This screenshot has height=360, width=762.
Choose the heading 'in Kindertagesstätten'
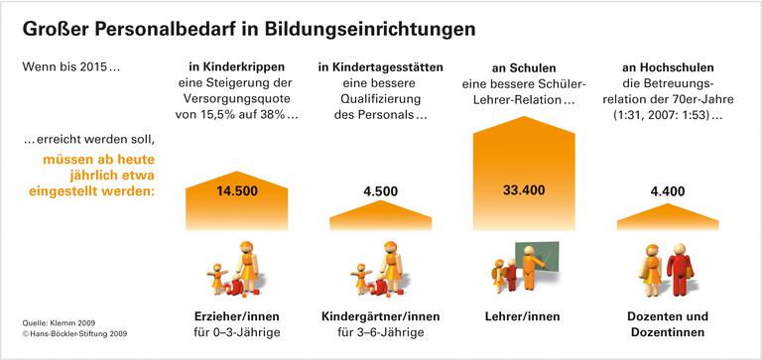coord(381,66)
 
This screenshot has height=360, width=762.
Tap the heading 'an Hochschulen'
coord(668,66)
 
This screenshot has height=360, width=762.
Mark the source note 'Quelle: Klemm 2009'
coord(59,323)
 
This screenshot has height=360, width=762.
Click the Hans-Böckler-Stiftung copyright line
coord(74,335)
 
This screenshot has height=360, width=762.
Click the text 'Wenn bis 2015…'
coord(70,67)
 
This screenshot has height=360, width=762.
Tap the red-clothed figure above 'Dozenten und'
coord(681,271)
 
